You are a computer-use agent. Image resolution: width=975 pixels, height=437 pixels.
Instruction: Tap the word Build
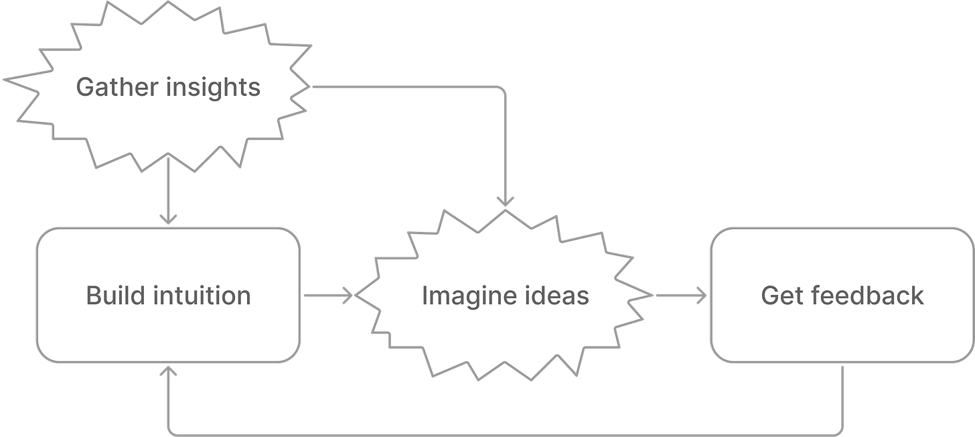[x=110, y=296]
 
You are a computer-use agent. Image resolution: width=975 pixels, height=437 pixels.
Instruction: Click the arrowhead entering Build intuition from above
[x=168, y=219]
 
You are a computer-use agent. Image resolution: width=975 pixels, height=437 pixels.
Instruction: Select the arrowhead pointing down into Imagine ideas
[x=505, y=200]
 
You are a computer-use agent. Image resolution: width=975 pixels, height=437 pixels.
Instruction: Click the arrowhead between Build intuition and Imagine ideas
[x=348, y=295]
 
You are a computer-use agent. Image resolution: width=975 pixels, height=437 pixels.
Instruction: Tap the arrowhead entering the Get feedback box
[x=702, y=295]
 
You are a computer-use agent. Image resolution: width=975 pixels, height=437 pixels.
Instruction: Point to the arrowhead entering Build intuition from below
[x=168, y=371]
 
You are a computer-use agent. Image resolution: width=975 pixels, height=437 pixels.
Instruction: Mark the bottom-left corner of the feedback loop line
[x=171, y=431]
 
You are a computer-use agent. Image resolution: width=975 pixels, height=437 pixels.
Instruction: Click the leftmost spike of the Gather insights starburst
[x=5, y=79]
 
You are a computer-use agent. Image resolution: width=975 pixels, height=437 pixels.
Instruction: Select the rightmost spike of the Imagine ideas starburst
[x=653, y=295]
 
